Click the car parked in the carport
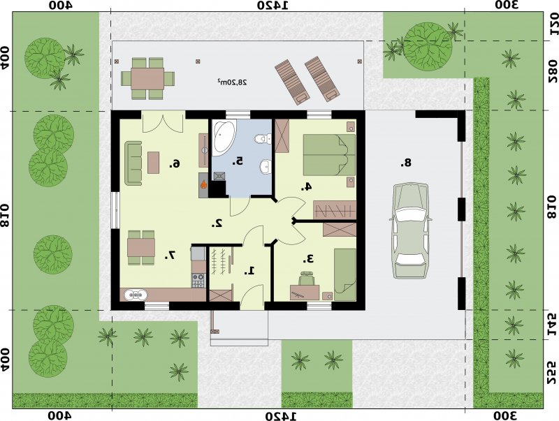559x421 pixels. click(x=410, y=230)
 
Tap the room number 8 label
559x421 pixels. click(x=406, y=163)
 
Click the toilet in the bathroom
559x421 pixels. click(x=263, y=138)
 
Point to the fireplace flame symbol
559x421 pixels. click(x=203, y=184)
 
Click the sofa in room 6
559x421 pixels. click(x=133, y=163)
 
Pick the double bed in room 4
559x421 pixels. click(x=329, y=155)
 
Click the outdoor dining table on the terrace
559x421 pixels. click(x=147, y=78)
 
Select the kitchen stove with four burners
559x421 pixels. click(x=198, y=280)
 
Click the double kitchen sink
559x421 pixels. click(x=136, y=295)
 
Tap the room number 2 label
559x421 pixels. click(x=217, y=223)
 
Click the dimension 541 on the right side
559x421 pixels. click(x=551, y=325)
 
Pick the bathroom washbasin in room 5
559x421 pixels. click(x=265, y=166)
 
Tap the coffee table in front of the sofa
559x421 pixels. click(x=153, y=163)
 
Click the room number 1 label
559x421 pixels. click(x=249, y=271)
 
